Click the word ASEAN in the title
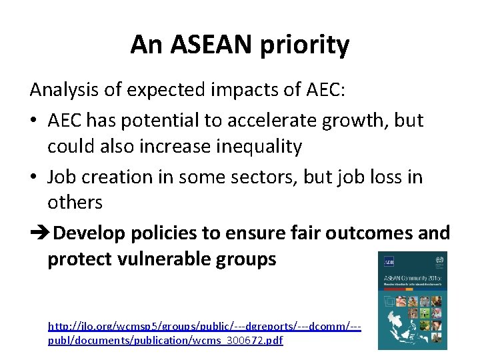[212, 45]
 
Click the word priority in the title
[307, 46]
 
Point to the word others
[75, 202]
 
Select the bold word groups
[247, 259]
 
